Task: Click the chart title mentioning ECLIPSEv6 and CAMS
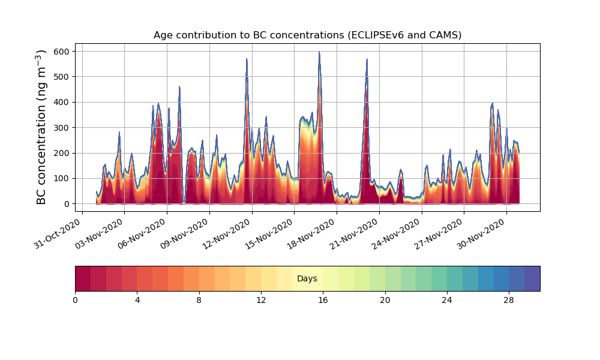click(x=307, y=35)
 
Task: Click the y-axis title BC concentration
click(x=41, y=127)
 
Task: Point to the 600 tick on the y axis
click(x=64, y=51)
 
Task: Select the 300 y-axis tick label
click(x=64, y=127)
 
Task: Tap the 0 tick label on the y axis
click(x=67, y=204)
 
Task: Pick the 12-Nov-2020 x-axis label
click(x=227, y=233)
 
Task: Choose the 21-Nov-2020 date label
click(x=355, y=233)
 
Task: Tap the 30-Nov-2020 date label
click(x=482, y=233)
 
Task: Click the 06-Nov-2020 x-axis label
click(x=143, y=233)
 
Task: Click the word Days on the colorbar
click(x=307, y=278)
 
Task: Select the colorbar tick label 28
click(x=509, y=301)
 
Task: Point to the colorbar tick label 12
click(x=261, y=301)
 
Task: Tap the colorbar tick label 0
click(x=75, y=301)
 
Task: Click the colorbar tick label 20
click(x=385, y=301)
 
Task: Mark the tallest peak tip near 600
click(x=319, y=52)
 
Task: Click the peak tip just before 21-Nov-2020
click(x=367, y=59)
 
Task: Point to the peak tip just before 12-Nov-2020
click(x=247, y=59)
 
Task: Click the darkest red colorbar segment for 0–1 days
click(x=83, y=278)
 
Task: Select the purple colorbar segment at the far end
click(x=532, y=278)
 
